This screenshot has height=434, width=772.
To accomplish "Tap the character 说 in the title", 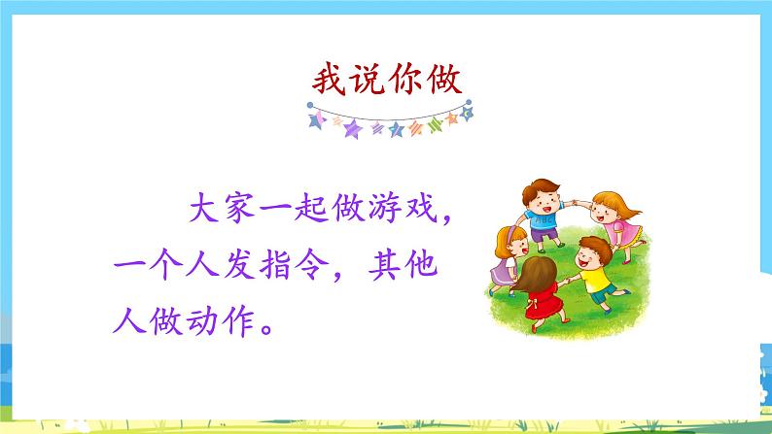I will [x=368, y=77].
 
